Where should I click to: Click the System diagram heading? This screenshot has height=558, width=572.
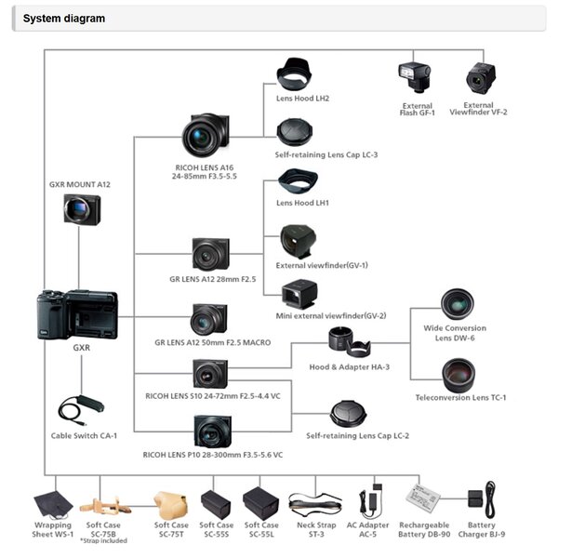64,19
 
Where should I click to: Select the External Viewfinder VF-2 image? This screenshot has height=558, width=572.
483,80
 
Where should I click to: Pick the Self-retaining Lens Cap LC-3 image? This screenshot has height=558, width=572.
298,131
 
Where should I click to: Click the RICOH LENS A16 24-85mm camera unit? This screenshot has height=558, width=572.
206,136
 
